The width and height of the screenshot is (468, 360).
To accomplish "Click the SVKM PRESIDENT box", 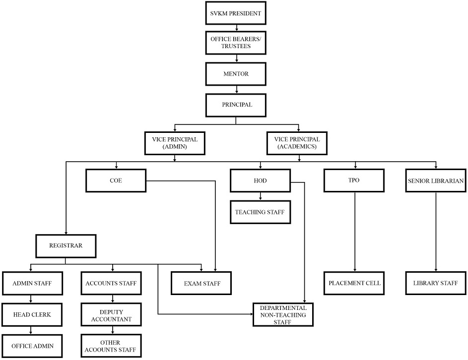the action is [x=236, y=13].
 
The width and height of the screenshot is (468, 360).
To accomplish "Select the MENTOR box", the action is [x=236, y=74].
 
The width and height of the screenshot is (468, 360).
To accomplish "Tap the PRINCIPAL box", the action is [x=236, y=105].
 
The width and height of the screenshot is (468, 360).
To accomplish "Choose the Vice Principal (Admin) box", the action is [x=175, y=143].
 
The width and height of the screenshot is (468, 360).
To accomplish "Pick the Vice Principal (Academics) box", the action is [x=297, y=143].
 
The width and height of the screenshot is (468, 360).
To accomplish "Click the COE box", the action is [x=116, y=180].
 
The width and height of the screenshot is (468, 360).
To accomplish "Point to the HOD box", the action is [x=260, y=180].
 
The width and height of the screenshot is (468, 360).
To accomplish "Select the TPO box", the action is [x=354, y=180].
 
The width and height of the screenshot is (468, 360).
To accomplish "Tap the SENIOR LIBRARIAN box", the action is [x=435, y=180].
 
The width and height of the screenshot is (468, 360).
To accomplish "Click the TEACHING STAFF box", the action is [x=260, y=212].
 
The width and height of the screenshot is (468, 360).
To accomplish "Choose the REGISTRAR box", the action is [x=66, y=246].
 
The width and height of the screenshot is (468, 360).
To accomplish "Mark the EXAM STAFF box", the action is [x=201, y=283].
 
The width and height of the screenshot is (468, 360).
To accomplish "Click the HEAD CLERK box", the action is [x=32, y=315].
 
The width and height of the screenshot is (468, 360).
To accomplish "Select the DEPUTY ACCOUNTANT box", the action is [x=111, y=315].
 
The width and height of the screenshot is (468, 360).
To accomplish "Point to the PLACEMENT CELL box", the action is [x=354, y=283].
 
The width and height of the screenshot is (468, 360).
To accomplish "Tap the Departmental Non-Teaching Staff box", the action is [x=283, y=315].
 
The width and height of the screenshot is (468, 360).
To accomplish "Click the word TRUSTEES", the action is [x=236, y=46].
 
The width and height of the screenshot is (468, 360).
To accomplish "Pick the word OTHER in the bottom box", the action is [x=110, y=343].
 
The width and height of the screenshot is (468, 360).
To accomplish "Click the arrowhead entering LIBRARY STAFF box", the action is [x=436, y=270].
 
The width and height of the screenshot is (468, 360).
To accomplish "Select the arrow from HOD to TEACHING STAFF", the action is [x=260, y=196].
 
